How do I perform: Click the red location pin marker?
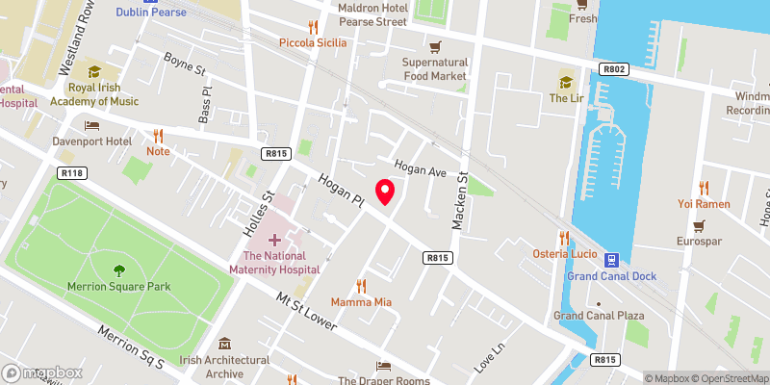tap(385, 192)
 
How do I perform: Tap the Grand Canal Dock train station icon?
tap(611, 259)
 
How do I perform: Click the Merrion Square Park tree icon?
tap(119, 269)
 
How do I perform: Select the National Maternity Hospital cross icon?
tap(274, 239)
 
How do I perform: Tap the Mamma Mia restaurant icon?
tap(362, 285)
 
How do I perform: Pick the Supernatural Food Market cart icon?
tap(435, 46)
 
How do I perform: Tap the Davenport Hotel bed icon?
tap(92, 125)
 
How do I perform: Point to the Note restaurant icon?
tap(158, 135)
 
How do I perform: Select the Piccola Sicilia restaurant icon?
tap(312, 27)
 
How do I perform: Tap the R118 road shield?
tap(68, 173)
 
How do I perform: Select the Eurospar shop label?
tap(699, 241)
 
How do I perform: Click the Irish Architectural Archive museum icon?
tap(225, 344)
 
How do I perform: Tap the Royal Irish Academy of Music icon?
tap(94, 71)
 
